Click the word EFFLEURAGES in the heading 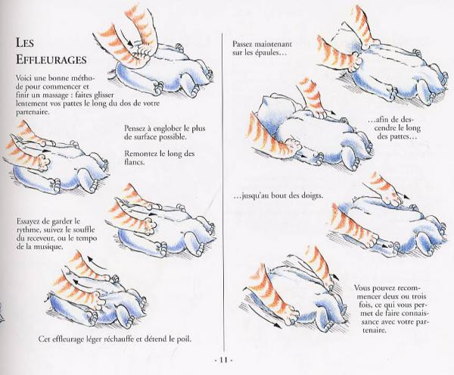click(51, 60)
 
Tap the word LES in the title click(25, 43)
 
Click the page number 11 click(223, 360)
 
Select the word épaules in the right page click(268, 53)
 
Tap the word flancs click(134, 162)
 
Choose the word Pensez click(135, 128)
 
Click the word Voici click(24, 79)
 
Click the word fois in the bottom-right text click(365, 305)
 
